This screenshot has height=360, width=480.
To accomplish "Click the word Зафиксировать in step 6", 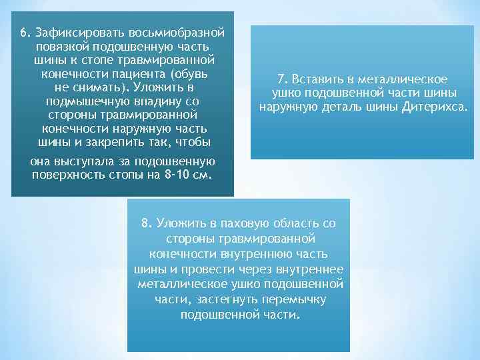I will [x=74, y=33].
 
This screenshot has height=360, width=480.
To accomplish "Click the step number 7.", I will [x=281, y=79].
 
